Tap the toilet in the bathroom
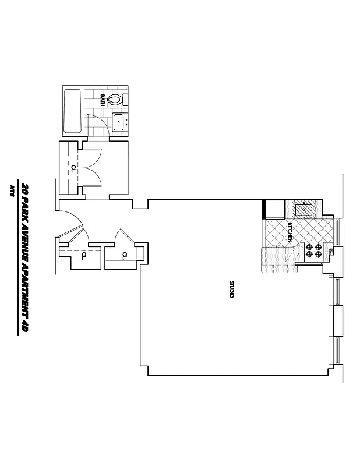117,99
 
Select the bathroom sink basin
120,122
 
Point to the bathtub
73,111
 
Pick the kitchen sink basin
305,208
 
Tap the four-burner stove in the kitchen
314,251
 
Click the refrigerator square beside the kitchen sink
274,208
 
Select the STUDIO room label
231,290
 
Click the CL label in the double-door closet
73,168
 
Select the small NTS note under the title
12,190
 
